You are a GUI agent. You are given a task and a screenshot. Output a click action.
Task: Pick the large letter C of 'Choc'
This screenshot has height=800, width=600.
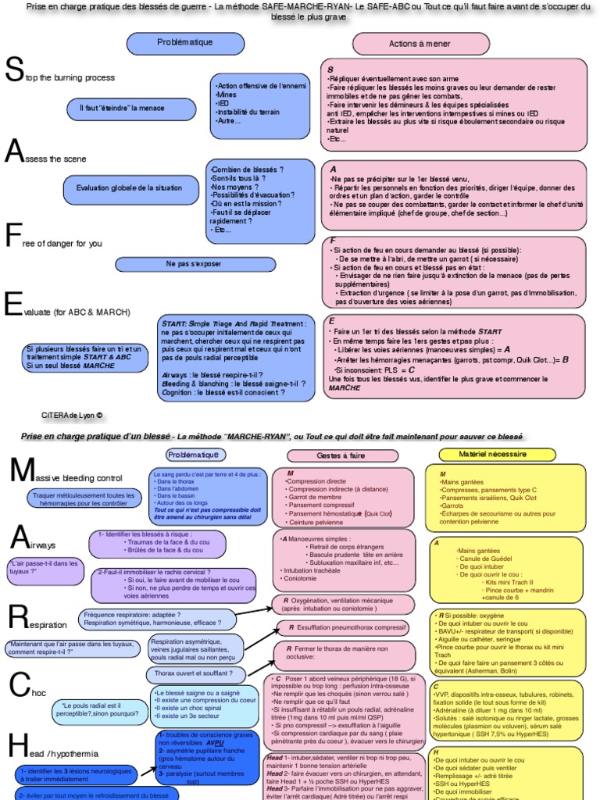[x=18, y=684]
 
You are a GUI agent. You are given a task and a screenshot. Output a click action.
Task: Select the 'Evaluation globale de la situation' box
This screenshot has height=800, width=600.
[x=118, y=187]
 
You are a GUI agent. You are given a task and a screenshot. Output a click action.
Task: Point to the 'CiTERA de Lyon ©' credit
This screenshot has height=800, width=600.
[x=72, y=416]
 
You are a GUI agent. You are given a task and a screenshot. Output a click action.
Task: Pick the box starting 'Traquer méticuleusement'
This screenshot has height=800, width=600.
[x=86, y=500]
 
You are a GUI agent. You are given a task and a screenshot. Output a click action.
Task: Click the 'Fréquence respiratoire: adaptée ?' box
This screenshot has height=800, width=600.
[x=157, y=619]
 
